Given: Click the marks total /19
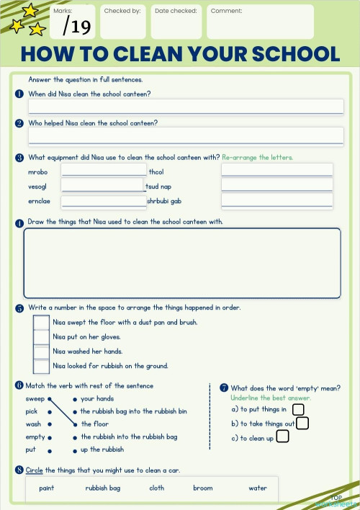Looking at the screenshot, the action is click(76, 27).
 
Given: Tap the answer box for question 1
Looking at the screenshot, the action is click(186, 107).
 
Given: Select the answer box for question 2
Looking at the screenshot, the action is click(186, 135).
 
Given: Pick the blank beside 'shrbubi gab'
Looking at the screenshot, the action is click(276, 201).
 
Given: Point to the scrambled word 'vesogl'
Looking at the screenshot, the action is click(37, 187).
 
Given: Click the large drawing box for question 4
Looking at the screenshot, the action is click(181, 263).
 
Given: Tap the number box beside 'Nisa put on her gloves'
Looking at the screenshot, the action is click(42, 337).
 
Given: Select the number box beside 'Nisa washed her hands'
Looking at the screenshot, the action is click(42, 352).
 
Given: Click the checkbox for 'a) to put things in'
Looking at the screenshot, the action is click(298, 409).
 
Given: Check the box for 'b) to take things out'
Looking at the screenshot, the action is click(302, 423).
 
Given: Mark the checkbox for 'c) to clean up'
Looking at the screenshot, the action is click(283, 437).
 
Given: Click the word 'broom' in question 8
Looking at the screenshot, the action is click(203, 488).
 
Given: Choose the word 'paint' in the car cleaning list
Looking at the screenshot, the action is click(47, 488).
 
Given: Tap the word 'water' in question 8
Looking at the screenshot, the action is click(258, 488).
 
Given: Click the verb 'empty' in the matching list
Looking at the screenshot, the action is click(35, 437).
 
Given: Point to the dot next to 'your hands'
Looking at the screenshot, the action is click(75, 398).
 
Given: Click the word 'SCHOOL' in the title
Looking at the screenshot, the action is click(288, 54).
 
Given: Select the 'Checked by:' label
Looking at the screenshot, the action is click(120, 12).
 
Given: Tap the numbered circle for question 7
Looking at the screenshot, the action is click(224, 388).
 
